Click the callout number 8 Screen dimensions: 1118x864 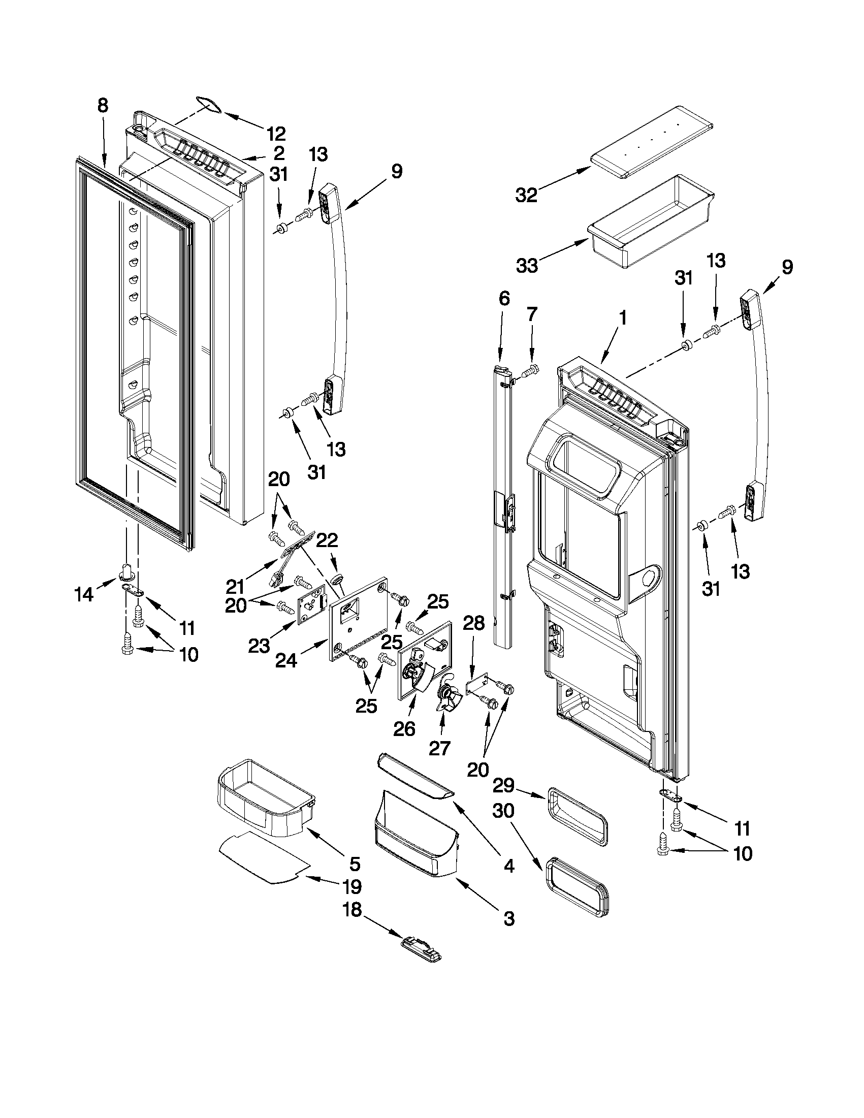pos(103,106)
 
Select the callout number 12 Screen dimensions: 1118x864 pos(276,134)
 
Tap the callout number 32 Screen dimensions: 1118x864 pos(526,195)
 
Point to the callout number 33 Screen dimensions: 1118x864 pos(527,266)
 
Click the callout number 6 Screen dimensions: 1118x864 pos(504,299)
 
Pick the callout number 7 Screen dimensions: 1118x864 pos(532,314)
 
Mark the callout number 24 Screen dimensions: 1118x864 pos(285,661)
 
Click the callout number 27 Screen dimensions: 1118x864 pos(439,748)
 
